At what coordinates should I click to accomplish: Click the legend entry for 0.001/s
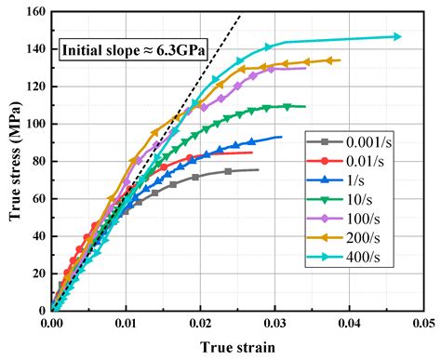363,142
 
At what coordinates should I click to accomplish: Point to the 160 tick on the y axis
33,12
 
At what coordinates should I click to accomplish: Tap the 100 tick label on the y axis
33,124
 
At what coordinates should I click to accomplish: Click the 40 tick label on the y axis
36,236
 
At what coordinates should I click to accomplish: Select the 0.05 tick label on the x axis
422,325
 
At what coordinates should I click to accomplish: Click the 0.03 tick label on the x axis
274,325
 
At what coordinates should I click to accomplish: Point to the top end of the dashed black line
241,14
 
